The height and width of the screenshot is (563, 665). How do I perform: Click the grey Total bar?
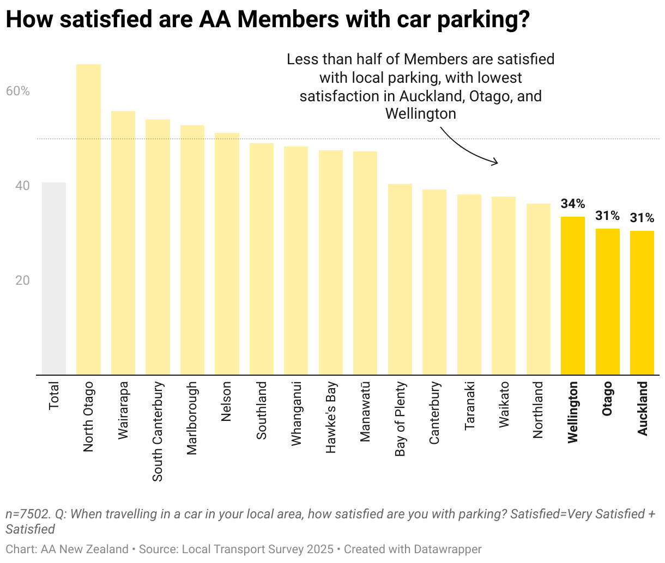54,278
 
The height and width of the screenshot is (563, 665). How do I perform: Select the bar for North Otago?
88,219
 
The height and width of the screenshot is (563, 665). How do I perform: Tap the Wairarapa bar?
123,243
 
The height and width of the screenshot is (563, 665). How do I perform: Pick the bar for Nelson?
227,254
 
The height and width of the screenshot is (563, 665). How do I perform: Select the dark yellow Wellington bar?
573,296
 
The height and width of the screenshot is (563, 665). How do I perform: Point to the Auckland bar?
642,303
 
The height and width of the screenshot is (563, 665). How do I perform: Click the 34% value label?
573,204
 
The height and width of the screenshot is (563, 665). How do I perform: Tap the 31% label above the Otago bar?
607,216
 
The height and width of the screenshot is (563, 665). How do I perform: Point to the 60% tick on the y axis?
18,91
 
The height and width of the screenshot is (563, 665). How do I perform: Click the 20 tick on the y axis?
22,280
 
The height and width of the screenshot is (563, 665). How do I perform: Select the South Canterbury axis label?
158,431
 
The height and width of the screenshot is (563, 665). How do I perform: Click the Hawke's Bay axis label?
331,417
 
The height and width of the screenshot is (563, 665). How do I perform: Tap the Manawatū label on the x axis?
365,412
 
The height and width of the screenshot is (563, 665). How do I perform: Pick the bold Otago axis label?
607,399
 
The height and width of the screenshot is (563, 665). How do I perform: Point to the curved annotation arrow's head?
496,162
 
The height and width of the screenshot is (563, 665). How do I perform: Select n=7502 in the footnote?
28,514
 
